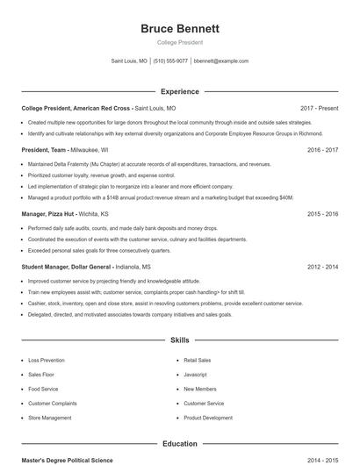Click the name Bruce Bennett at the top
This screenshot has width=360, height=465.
point(180,29)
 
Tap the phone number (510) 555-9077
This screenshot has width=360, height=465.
point(170,61)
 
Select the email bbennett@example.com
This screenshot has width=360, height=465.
point(221,61)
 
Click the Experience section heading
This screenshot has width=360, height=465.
point(180,91)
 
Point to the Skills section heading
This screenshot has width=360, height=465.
point(180,340)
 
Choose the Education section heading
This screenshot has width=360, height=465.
point(180,444)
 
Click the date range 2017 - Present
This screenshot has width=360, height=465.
point(319,108)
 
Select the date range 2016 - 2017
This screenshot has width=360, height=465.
point(322,150)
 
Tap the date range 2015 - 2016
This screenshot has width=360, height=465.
point(322,213)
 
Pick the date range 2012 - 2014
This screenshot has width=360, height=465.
point(322,266)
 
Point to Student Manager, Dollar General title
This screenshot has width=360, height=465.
point(67,266)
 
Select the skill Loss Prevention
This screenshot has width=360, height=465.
point(46,361)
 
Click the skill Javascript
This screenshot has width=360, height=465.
point(195,375)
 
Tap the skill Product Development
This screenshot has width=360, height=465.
point(208,418)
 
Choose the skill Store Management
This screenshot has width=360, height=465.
point(50,418)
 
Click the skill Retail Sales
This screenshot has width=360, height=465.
point(197,361)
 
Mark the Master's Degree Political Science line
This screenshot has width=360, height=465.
point(67,460)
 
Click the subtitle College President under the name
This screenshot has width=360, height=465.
point(180,42)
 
